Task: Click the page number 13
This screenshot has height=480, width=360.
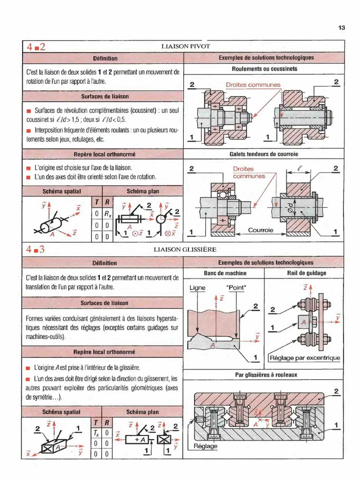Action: click(342, 28)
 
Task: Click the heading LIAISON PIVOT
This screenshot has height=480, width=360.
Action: click(186, 46)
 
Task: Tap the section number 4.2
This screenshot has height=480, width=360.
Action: click(36, 47)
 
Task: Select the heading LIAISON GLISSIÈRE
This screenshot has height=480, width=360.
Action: click(185, 249)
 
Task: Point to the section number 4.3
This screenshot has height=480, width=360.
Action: click(35, 249)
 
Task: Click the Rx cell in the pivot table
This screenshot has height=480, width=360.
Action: click(107, 214)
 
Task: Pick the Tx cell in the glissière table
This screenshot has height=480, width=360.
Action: click(96, 434)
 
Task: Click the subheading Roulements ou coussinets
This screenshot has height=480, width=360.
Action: click(264, 69)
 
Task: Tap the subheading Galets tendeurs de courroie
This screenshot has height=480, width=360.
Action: click(264, 154)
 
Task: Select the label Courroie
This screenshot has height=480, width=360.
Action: click(261, 230)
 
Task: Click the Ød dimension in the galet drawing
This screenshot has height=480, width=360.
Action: click(290, 210)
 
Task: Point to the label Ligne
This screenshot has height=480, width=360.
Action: click(197, 288)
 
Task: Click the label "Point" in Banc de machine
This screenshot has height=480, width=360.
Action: click(236, 288)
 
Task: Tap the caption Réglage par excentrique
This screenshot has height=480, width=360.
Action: click(305, 358)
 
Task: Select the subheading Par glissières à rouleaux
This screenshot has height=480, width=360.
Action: click(266, 375)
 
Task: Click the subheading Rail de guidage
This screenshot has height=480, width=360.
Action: click(307, 273)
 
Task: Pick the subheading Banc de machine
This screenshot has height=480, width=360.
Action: click(225, 273)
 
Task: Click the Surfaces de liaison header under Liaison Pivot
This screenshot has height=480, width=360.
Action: click(105, 97)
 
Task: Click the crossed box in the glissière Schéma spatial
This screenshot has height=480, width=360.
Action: click(48, 449)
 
